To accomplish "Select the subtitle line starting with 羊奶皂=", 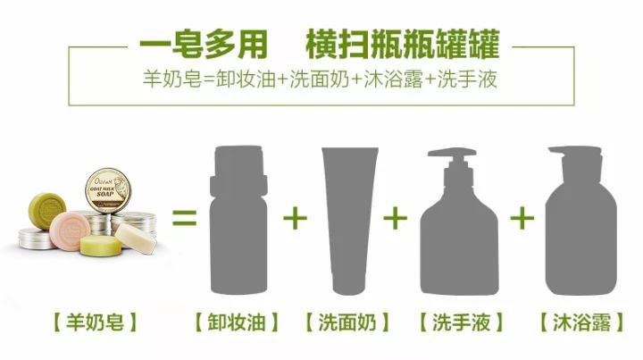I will coord(321,79).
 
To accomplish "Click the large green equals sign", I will coord(184,217).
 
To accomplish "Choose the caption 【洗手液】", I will coord(461,322).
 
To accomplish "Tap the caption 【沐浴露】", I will coord(583,322).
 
